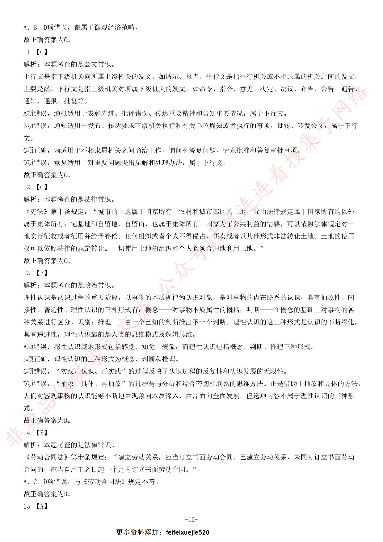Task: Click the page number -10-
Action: pyautogui.click(x=192, y=519)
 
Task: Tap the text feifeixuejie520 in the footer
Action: pyautogui.click(x=187, y=532)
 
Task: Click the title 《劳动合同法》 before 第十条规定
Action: pyautogui.click(x=46, y=457)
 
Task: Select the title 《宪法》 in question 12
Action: pyautogui.click(x=36, y=212)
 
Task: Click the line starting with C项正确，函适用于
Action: pyautogui.click(x=162, y=150)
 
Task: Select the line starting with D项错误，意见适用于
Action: pyautogui.click(x=125, y=163)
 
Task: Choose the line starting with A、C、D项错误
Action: pyautogui.click(x=91, y=482)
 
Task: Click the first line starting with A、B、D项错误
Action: pyautogui.click(x=80, y=28)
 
